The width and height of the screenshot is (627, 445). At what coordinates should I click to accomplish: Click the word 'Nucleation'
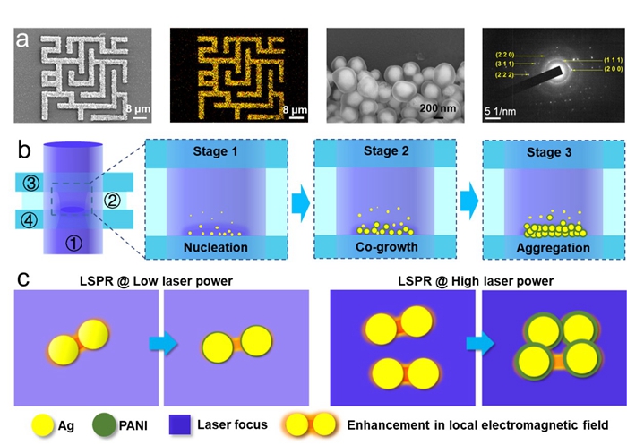click(x=217, y=245)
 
